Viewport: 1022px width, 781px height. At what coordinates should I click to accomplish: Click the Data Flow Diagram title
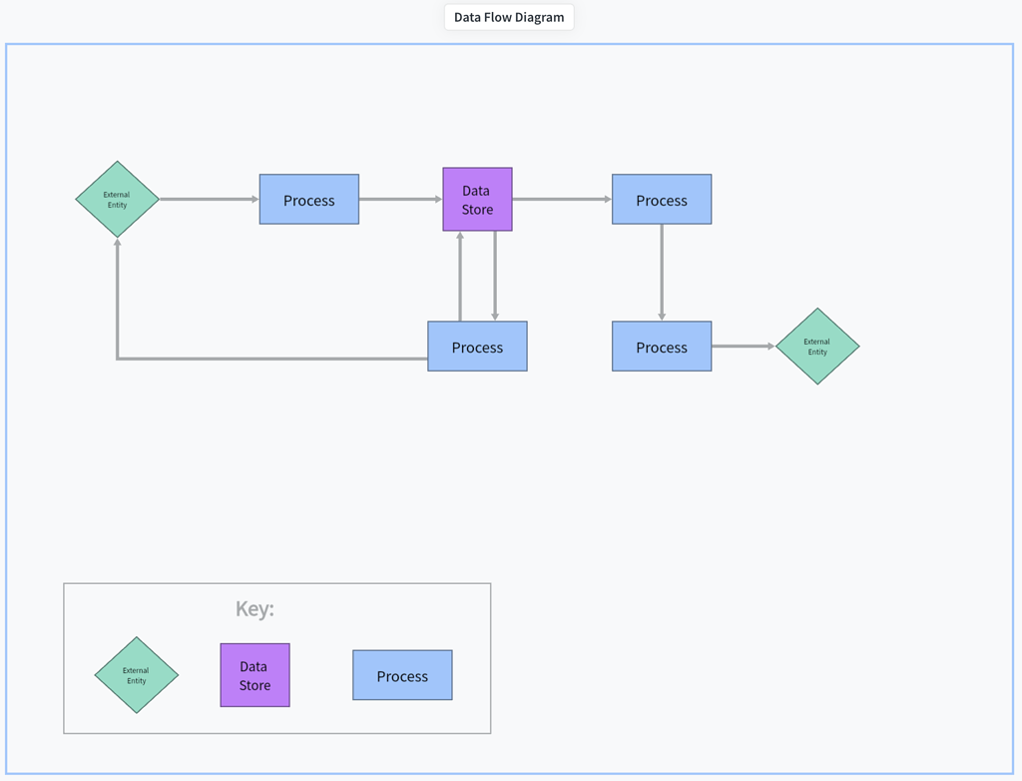tap(509, 17)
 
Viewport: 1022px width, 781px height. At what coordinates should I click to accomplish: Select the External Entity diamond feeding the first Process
tap(118, 200)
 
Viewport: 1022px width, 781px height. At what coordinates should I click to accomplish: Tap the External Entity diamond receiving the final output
tap(817, 347)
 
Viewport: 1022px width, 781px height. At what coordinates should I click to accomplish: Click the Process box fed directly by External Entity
tap(309, 200)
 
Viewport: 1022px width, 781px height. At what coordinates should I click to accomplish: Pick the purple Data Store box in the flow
tap(477, 200)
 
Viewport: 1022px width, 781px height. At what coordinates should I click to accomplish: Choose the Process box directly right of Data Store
tap(662, 200)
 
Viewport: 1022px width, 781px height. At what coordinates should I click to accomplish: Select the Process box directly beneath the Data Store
tap(477, 347)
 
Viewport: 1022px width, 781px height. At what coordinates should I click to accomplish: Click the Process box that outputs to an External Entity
tap(662, 347)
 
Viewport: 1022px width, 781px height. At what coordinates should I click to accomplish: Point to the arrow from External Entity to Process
tap(209, 199)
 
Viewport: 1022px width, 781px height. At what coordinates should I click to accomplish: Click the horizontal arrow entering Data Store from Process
tap(400, 199)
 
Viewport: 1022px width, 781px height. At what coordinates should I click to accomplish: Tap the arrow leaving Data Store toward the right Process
tap(561, 199)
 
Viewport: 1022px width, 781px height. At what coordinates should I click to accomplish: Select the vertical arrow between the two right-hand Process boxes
tap(662, 272)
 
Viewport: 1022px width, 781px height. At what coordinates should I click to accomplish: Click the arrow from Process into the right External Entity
tap(743, 347)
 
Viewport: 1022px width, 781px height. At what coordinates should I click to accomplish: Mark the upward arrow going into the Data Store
tap(460, 277)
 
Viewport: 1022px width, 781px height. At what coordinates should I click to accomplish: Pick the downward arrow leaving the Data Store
tap(495, 277)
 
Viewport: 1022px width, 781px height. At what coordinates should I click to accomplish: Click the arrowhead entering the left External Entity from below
tap(118, 245)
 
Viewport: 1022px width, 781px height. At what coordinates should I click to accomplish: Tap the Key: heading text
tap(255, 609)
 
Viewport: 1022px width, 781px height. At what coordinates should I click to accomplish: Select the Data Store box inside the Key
tap(255, 675)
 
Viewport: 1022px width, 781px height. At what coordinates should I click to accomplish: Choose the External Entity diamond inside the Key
tap(137, 675)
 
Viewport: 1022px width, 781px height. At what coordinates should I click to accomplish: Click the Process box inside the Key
tap(402, 675)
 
